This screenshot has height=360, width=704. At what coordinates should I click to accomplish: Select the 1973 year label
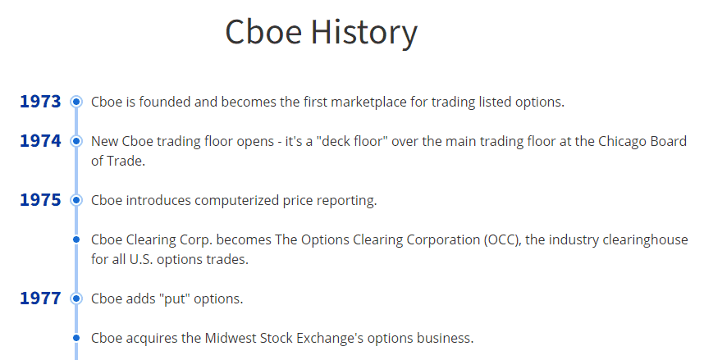[40, 102]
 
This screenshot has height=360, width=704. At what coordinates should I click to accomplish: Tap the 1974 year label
[40, 141]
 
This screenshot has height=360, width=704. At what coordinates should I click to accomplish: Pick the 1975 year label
[40, 200]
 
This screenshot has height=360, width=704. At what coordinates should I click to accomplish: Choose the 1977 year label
[40, 298]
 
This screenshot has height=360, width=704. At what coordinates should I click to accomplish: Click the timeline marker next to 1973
[76, 102]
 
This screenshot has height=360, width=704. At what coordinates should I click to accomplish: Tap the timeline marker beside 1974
[76, 141]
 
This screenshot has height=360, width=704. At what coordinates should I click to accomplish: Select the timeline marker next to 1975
[76, 200]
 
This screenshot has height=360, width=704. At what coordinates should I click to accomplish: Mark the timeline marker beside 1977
[76, 298]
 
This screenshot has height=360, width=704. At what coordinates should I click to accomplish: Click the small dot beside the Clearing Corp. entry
[76, 239]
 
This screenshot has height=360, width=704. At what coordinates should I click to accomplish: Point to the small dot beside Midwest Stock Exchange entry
[76, 338]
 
